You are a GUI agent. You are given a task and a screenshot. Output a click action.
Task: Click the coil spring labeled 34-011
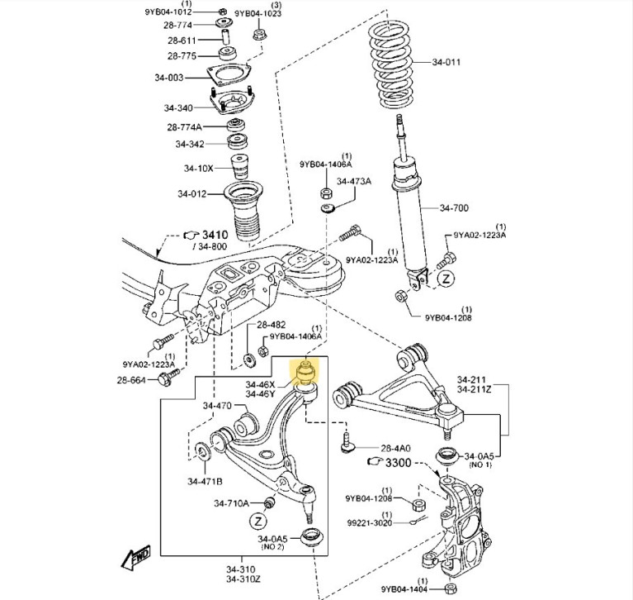click(399, 61)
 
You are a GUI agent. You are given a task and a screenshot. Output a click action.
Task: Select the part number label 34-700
click(454, 207)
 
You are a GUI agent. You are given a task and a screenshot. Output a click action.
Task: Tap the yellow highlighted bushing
click(305, 373)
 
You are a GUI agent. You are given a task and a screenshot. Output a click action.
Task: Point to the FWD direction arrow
click(134, 560)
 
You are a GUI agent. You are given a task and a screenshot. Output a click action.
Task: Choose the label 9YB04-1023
click(257, 14)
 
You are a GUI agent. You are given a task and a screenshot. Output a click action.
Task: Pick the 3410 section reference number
click(215, 235)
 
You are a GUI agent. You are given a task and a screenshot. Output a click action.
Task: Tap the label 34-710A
click(231, 502)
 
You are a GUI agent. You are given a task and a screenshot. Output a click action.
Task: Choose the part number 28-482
click(270, 325)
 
